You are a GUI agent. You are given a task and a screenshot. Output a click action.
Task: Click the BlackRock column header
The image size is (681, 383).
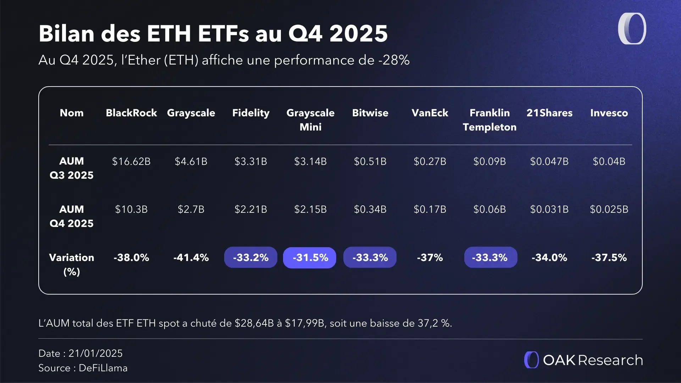coord(131,113)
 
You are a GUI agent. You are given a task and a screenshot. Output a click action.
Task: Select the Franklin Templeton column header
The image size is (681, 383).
coord(489,120)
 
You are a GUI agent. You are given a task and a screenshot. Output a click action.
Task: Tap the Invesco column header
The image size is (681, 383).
coord(609,113)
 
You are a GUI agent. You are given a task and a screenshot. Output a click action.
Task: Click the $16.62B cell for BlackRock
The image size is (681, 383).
coord(131,161)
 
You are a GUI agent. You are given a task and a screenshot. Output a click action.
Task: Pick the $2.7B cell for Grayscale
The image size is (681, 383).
coord(191,209)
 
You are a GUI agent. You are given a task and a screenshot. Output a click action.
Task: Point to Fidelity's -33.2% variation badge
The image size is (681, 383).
coord(250,257)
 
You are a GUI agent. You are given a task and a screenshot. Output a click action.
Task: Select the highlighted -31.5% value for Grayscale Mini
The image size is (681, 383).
coord(310,257)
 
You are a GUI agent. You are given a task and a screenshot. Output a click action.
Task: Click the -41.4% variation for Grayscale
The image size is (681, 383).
coord(191,257)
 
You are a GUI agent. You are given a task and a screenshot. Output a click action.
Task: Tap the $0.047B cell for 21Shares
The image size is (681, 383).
coord(549,161)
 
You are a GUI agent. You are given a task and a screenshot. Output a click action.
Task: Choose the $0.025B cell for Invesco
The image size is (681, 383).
coord(609,209)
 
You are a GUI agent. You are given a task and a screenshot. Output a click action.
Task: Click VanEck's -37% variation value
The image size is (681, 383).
coord(430,257)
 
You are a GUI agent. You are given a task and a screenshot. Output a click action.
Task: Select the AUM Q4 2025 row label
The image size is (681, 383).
coord(72,216)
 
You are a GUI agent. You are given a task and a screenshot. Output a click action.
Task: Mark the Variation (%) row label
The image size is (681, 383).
coord(72,264)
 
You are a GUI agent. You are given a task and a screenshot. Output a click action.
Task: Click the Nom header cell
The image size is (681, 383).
coord(72,113)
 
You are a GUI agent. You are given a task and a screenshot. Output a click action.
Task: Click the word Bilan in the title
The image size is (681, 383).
coord(66,34)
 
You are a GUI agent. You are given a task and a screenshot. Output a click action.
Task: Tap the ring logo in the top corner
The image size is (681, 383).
coord(632,29)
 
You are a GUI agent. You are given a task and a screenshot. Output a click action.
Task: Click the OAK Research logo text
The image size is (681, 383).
coord(592,360)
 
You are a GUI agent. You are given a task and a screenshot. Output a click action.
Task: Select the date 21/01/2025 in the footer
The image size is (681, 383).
coord(95,353)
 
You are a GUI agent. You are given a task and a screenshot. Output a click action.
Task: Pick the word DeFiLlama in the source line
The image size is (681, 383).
coord(103,368)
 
